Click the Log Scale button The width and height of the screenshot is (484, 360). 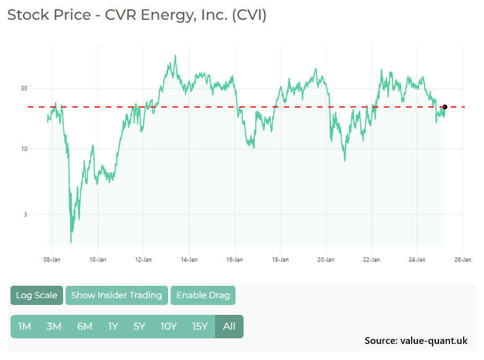point(36,295)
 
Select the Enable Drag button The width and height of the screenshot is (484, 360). point(203,295)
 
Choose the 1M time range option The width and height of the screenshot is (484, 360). point(25,327)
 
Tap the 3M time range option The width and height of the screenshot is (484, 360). point(54,327)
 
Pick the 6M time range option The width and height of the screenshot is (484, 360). point(85,327)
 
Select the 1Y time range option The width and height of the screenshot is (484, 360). point(113,327)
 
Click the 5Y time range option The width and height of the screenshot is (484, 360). point(139,327)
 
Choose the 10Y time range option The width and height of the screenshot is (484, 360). point(169,327)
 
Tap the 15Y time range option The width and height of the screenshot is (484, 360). point(200,327)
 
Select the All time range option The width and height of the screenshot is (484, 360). point(229,327)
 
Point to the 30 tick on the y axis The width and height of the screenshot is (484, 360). point(24,88)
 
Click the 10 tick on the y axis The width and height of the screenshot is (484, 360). point(24,149)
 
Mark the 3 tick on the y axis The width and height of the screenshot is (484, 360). point(25,215)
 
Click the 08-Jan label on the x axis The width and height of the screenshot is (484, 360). point(51,260)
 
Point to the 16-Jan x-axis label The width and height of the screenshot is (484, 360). point(234,260)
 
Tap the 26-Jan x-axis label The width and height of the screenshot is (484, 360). point(462,260)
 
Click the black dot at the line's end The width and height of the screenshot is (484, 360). point(444,107)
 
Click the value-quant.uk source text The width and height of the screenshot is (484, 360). point(434,341)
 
